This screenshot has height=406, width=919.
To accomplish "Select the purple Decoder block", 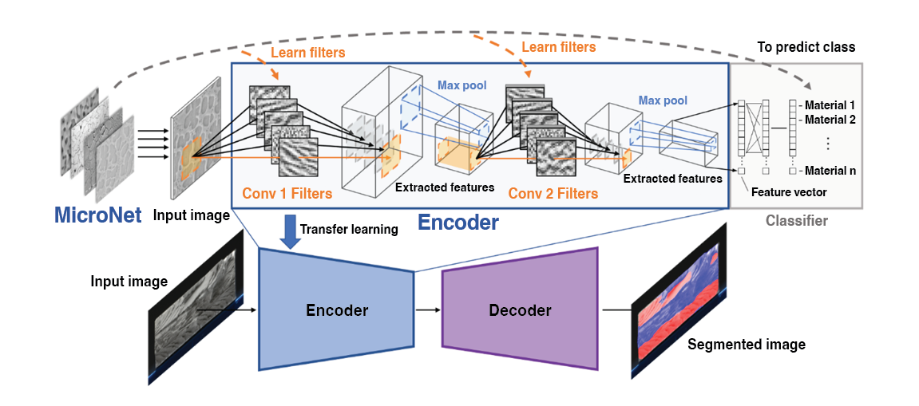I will point(520,309).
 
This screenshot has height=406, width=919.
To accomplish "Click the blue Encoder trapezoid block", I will point(336,309).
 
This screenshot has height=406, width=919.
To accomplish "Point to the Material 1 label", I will point(830,105).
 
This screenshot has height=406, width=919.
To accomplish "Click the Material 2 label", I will point(830,120).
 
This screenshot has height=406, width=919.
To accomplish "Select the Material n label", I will point(830,171).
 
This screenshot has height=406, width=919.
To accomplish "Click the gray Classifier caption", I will point(796,220).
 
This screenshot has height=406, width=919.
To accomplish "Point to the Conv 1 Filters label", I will point(287,192).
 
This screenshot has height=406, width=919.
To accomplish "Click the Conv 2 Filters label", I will point(553,193).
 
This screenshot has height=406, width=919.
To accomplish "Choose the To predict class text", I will point(806,47).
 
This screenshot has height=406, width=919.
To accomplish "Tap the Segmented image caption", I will point(746,345).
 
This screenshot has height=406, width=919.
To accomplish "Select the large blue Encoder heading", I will point(459,223).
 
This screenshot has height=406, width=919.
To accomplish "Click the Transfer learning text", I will point(348,230).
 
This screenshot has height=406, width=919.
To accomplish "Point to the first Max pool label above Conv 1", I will point(461,85).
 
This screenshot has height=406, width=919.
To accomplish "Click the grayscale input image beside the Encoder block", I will point(192,308).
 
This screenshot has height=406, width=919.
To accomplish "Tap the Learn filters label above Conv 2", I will point(558,47).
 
